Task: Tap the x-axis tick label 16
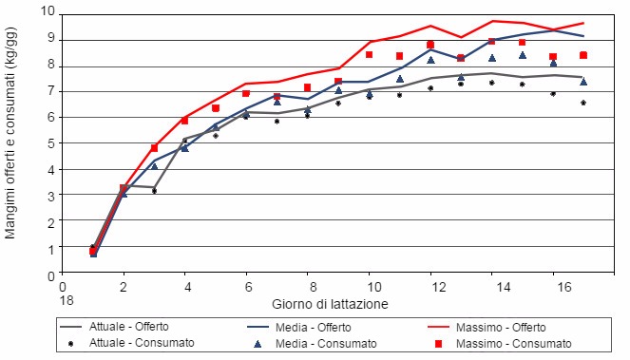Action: (x=553, y=285)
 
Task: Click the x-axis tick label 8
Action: (x=308, y=285)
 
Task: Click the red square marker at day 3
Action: (x=154, y=148)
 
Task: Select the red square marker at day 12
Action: (x=430, y=45)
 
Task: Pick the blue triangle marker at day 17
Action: (x=583, y=82)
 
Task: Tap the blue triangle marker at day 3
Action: (x=154, y=165)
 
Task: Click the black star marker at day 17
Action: (x=583, y=103)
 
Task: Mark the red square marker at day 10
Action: (x=370, y=54)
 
